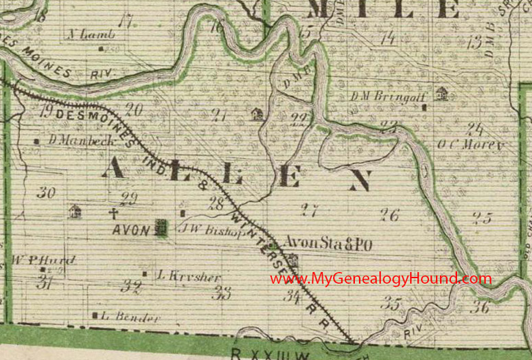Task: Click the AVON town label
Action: click(x=131, y=230)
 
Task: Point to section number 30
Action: click(x=46, y=193)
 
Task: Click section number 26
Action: click(x=391, y=215)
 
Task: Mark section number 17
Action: click(x=124, y=21)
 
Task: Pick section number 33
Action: click(x=221, y=294)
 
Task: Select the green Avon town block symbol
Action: click(x=161, y=227)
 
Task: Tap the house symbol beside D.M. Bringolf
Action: click(x=442, y=93)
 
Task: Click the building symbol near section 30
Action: click(x=75, y=211)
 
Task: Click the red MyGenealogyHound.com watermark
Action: click(x=379, y=279)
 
